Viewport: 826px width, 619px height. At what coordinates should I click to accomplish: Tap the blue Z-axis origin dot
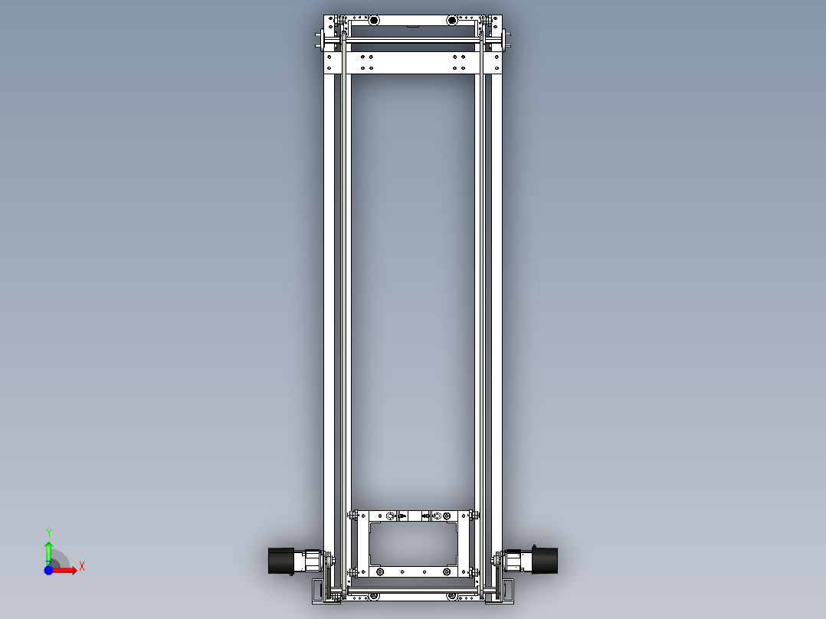click(x=48, y=570)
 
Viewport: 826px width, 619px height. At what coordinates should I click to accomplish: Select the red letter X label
click(x=82, y=567)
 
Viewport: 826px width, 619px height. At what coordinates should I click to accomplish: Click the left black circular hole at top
click(x=374, y=20)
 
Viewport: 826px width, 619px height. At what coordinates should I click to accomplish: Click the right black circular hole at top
click(x=452, y=20)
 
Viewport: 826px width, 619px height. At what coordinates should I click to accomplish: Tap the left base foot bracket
click(x=320, y=591)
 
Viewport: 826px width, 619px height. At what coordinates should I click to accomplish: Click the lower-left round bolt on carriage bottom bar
click(x=380, y=572)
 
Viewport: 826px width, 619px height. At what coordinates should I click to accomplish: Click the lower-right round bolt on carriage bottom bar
click(x=447, y=572)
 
